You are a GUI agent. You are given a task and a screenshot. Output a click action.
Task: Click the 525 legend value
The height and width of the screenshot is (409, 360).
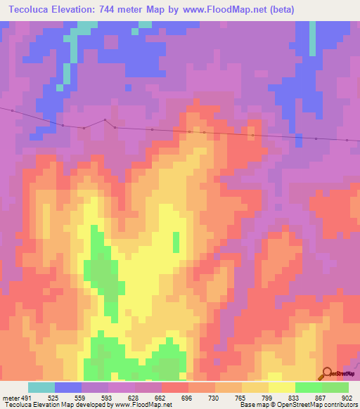pos(54,397)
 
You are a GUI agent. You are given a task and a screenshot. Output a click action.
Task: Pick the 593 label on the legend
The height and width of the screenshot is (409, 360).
pos(108,397)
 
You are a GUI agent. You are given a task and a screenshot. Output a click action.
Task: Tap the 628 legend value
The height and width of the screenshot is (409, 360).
pos(134,397)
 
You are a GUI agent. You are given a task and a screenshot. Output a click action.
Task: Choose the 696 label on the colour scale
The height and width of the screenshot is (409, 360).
pos(188,397)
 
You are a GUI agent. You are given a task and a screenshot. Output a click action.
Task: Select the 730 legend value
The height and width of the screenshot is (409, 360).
pos(214,397)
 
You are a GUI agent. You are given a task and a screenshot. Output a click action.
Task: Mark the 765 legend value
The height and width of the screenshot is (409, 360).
pos(241,397)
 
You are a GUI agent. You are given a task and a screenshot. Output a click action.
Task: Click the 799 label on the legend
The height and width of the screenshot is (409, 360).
pos(268,397)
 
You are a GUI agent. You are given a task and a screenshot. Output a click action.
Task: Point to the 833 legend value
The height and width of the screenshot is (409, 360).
pos(295,397)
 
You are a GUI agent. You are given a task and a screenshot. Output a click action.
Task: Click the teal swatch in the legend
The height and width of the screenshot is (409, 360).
pos(41,387)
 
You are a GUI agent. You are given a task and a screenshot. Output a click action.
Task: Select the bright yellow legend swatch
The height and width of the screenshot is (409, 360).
pos(281,387)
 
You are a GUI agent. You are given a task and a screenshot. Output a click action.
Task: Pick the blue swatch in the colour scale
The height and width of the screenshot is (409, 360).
pos(67,387)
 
